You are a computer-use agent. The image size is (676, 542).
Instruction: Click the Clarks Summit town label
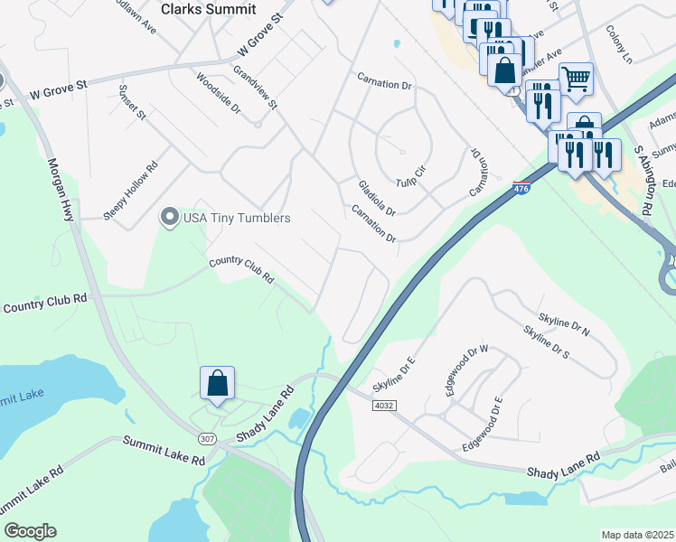click(x=208, y=9)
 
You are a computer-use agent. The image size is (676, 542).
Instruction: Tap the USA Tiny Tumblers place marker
click(x=169, y=218)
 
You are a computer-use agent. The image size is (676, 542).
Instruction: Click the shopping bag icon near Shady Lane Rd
click(x=218, y=383)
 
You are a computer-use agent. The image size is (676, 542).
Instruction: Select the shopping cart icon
click(x=575, y=79)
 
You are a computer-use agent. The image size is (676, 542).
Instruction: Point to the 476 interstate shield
click(x=521, y=188)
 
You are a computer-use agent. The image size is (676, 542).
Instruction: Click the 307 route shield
click(x=208, y=440)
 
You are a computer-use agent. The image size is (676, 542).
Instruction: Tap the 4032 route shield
click(x=383, y=406)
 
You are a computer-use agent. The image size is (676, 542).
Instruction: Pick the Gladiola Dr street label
click(x=376, y=197)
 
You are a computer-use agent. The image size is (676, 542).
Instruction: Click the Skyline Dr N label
click(x=564, y=323)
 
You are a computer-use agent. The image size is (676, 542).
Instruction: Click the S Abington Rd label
click(x=643, y=181)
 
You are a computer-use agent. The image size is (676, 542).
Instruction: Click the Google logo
click(x=30, y=531)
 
